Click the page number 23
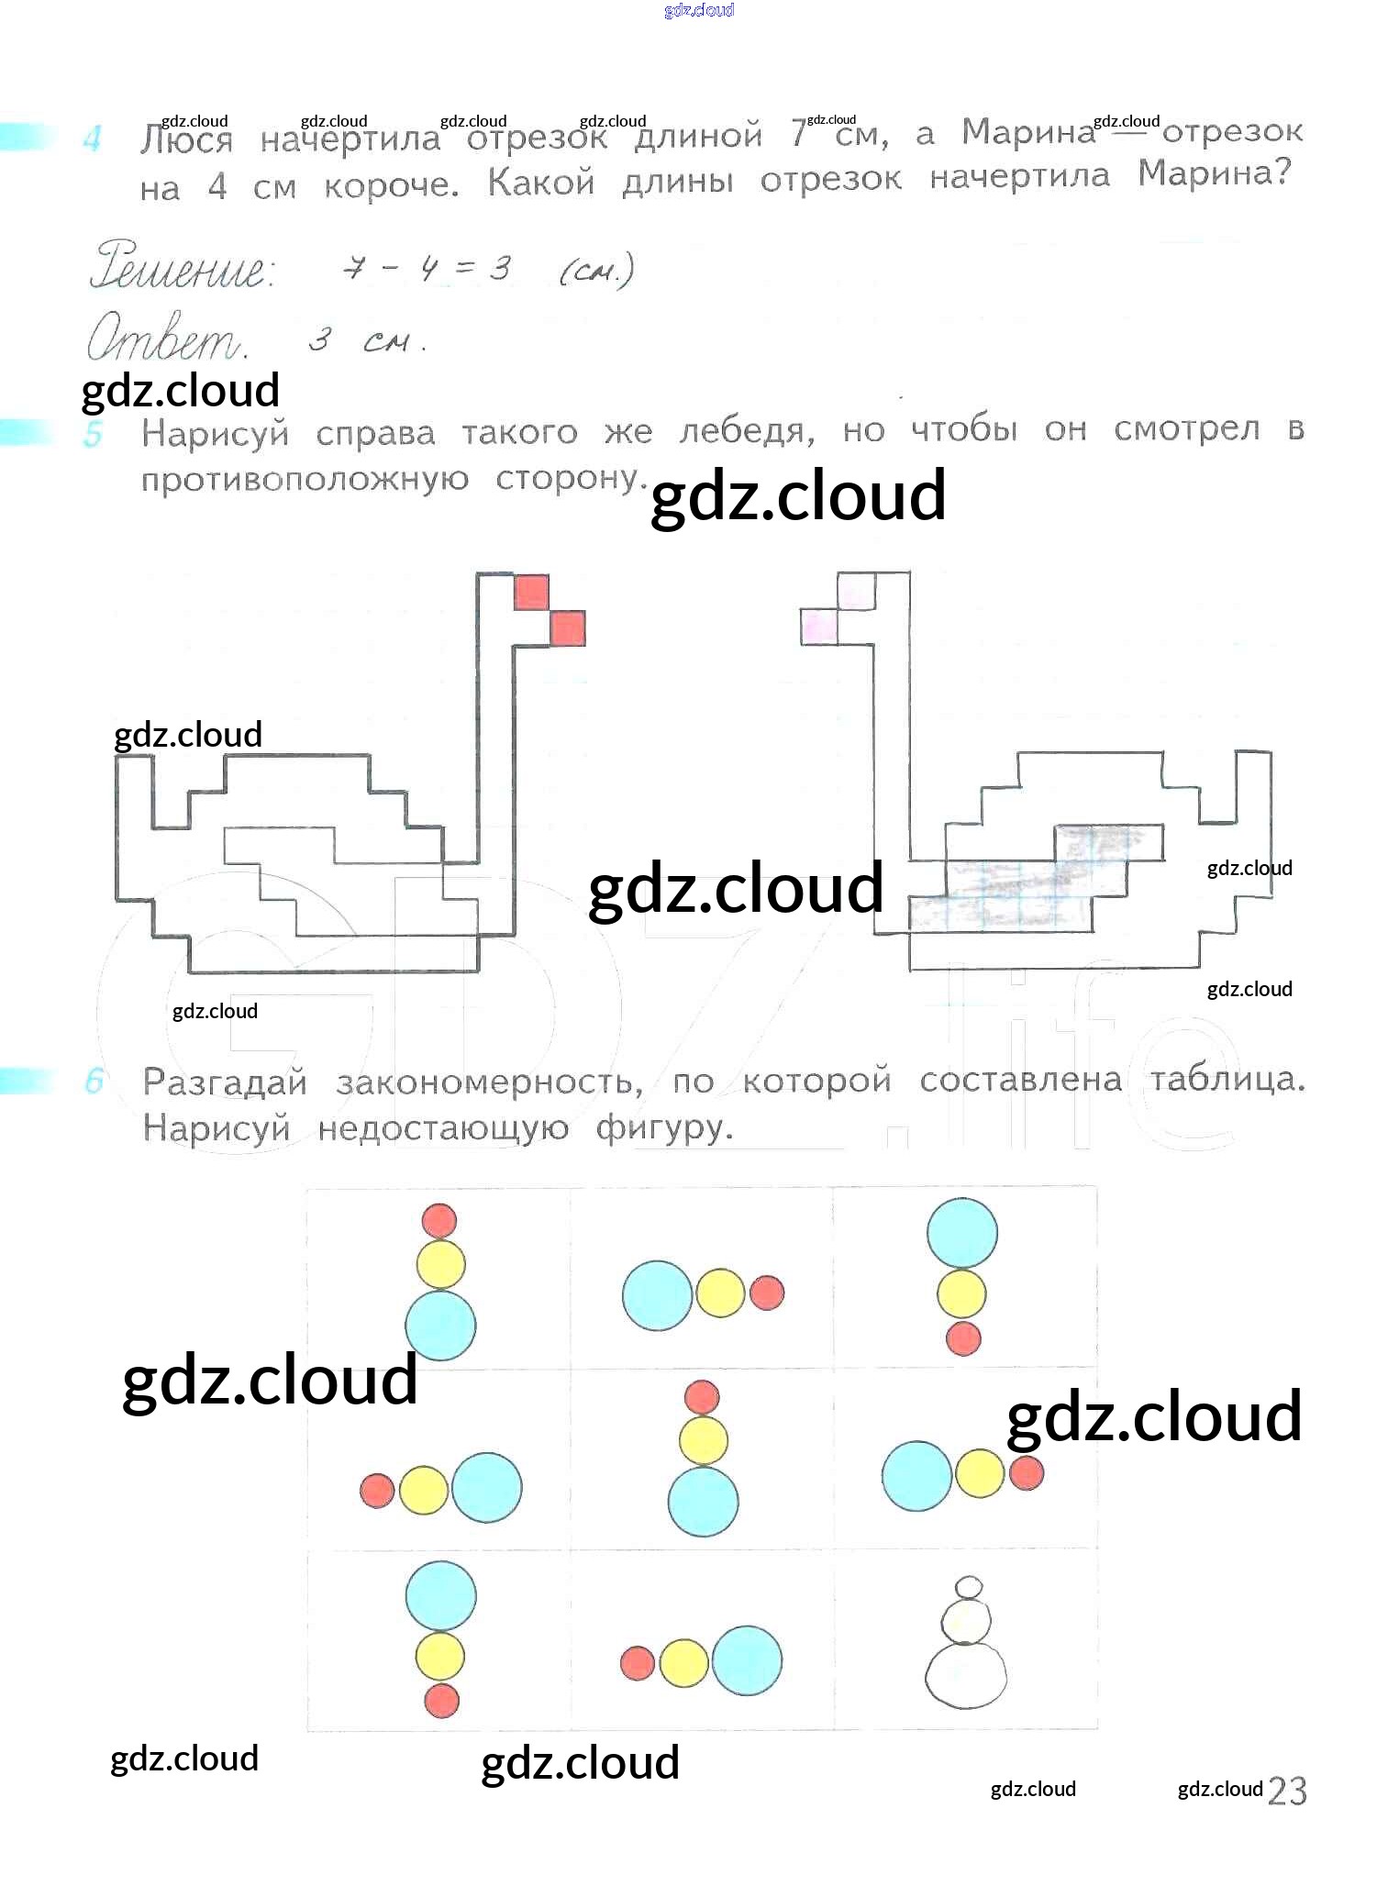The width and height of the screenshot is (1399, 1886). coord(1286,1791)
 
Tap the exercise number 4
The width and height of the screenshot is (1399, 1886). coord(92,139)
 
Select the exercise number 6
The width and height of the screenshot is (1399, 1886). coord(93,1082)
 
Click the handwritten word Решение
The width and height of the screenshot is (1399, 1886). coord(181,266)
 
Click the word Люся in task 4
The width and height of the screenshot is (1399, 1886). coord(186,141)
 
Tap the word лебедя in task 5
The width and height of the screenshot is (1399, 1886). coord(747,431)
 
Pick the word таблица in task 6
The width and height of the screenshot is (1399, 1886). coord(1227,1080)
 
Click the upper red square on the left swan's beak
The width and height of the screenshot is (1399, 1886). coord(531,593)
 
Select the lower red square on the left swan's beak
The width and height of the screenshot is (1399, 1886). coord(567,628)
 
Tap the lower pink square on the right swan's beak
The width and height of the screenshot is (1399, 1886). coord(819,627)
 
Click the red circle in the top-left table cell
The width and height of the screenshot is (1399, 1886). coord(439,1220)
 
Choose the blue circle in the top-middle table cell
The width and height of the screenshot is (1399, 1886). coord(657,1295)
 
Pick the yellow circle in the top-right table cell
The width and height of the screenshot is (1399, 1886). coord(961,1293)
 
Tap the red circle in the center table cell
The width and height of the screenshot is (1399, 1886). coord(702,1397)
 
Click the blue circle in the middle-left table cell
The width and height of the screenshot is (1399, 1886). coord(486,1487)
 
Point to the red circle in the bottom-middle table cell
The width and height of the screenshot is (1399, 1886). coord(638,1663)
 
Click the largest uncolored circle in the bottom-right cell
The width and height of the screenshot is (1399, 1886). coord(965,1675)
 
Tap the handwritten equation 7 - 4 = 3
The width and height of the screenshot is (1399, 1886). coord(426,269)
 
